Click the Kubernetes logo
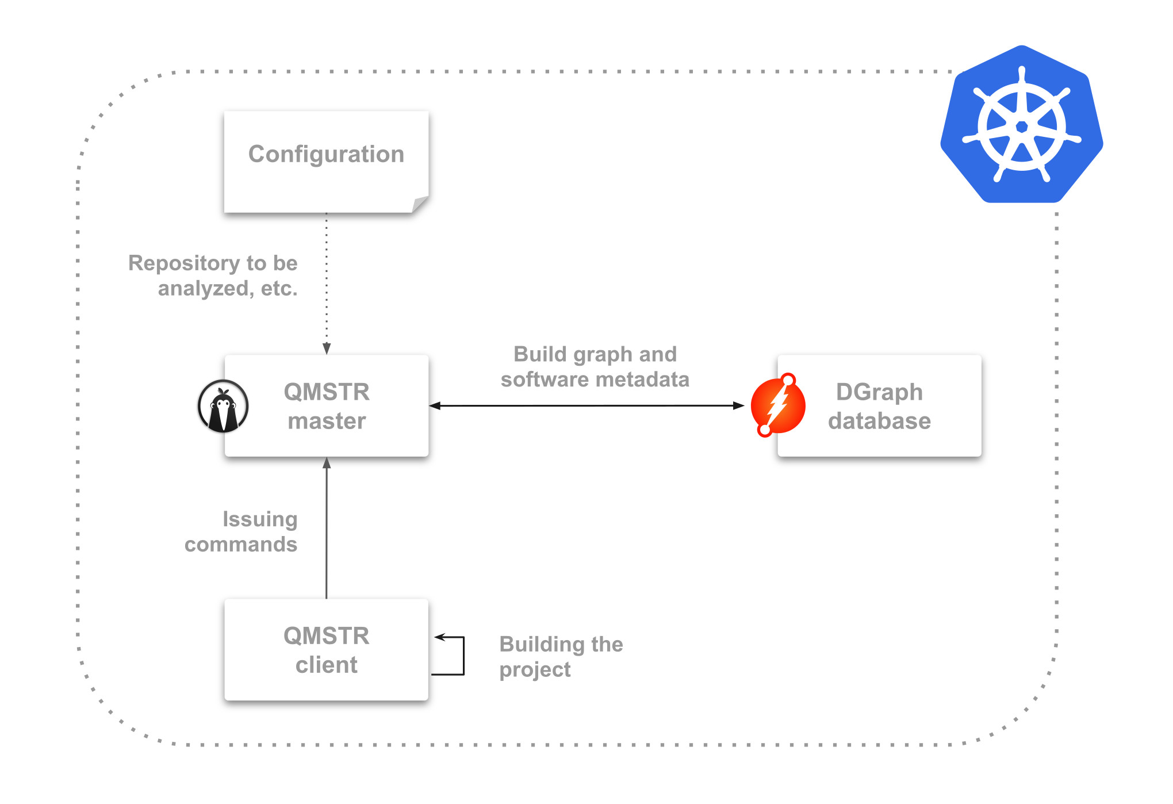(1021, 125)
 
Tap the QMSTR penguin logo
(223, 406)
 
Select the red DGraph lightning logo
(777, 405)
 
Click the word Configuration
(326, 154)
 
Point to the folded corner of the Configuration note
(420, 204)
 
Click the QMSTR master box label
(327, 406)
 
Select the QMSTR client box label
(327, 650)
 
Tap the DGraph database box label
(879, 406)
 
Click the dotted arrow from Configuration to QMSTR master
(327, 282)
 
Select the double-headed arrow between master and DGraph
(586, 405)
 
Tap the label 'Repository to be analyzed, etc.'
(213, 275)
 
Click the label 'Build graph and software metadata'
(595, 367)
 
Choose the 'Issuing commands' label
(241, 531)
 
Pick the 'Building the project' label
(561, 656)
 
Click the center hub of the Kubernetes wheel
(1022, 127)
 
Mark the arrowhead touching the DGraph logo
(739, 405)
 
